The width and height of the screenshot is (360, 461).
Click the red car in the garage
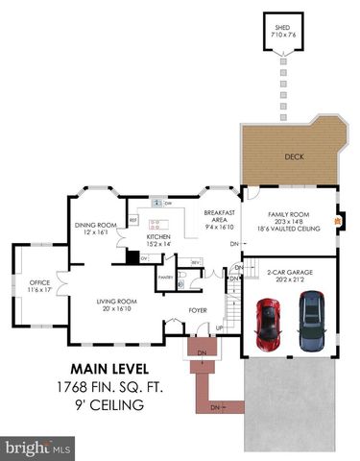(x=268, y=325)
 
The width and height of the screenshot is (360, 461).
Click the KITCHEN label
(x=158, y=236)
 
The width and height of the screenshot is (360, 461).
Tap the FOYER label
(x=198, y=310)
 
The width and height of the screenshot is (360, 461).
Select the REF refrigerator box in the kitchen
(x=133, y=221)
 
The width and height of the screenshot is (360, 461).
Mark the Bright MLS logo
(x=40, y=446)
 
